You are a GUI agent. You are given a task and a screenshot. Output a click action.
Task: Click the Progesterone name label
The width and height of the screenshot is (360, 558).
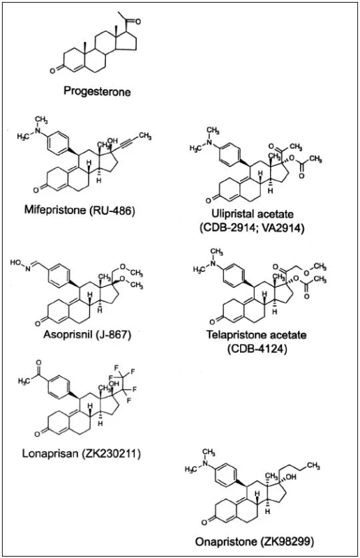pyautogui.click(x=97, y=91)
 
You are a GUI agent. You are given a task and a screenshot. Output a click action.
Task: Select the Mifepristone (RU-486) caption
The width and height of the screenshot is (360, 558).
pyautogui.click(x=80, y=210)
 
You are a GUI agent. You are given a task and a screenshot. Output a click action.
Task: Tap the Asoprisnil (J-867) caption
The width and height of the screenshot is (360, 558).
pyautogui.click(x=88, y=335)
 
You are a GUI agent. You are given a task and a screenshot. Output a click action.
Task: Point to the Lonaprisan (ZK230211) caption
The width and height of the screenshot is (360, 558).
pyautogui.click(x=82, y=454)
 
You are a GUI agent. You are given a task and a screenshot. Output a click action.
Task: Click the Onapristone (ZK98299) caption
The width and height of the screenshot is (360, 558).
pyautogui.click(x=255, y=542)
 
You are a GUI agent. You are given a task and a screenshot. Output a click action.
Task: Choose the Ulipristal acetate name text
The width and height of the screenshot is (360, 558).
pyautogui.click(x=253, y=214)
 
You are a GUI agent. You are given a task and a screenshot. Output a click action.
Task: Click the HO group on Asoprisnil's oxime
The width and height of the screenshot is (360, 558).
pyautogui.click(x=15, y=263)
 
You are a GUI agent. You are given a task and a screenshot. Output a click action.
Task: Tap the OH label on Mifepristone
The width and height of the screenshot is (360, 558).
pyautogui.click(x=112, y=142)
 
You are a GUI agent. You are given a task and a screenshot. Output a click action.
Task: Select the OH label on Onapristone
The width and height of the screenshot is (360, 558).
pyautogui.click(x=290, y=477)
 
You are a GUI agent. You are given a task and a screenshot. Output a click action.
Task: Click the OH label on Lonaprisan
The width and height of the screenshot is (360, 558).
pyautogui.click(x=114, y=384)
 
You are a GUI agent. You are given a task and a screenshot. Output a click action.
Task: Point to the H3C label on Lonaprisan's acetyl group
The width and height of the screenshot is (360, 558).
pyautogui.click(x=24, y=381)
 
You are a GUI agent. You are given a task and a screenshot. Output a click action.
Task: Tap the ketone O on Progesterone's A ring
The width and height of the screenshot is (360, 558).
pyautogui.click(x=52, y=70)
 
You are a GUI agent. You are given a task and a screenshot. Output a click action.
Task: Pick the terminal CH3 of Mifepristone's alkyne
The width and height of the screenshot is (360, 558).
pyautogui.click(x=145, y=135)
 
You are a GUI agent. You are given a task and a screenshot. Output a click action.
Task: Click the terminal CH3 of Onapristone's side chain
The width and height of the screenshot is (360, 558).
pyautogui.click(x=313, y=465)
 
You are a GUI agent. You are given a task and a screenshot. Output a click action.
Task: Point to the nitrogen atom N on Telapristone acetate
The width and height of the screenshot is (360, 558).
pyautogui.click(x=213, y=264)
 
